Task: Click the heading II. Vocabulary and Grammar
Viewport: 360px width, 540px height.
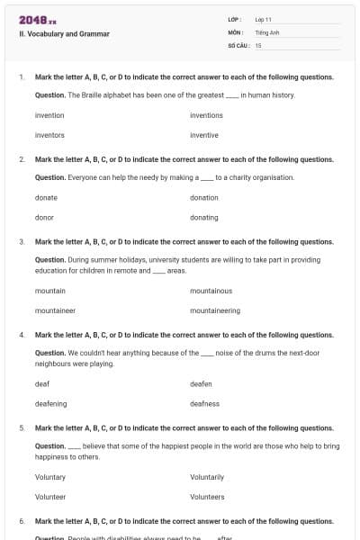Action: pyautogui.click(x=64, y=34)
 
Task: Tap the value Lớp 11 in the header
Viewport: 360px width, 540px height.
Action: pyautogui.click(x=264, y=19)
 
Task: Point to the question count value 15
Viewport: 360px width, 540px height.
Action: pyautogui.click(x=258, y=45)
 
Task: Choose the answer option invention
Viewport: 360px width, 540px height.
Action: pyautogui.click(x=49, y=115)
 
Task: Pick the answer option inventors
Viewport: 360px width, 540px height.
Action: pyautogui.click(x=49, y=135)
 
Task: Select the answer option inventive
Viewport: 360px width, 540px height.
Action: pyautogui.click(x=204, y=135)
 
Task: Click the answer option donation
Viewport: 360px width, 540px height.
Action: pyautogui.click(x=204, y=197)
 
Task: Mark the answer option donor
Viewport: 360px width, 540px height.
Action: pyautogui.click(x=44, y=217)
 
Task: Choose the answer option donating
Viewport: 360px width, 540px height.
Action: pyautogui.click(x=204, y=217)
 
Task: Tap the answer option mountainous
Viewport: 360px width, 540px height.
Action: pyautogui.click(x=211, y=291)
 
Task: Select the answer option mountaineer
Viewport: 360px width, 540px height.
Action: pyautogui.click(x=55, y=310)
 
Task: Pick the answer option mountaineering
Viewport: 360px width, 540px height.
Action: pyautogui.click(x=215, y=310)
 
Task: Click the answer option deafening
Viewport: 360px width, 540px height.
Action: pyautogui.click(x=50, y=404)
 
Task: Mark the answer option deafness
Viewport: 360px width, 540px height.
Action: pyautogui.click(x=204, y=404)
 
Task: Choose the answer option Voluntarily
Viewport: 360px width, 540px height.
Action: pyautogui.click(x=207, y=477)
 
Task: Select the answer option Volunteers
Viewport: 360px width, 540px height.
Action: pyautogui.click(x=207, y=497)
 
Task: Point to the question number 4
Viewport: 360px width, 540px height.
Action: pyautogui.click(x=22, y=335)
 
